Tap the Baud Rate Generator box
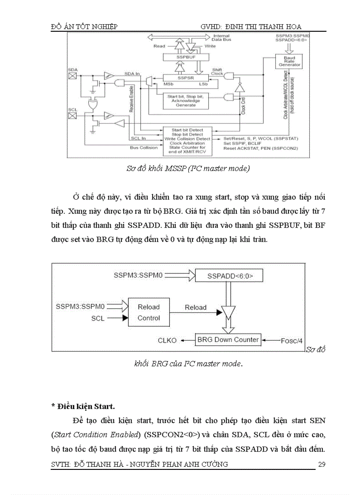(289, 61)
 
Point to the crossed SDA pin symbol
(71, 76)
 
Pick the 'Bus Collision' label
(144, 148)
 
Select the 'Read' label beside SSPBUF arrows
(159, 46)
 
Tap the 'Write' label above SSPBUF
(210, 46)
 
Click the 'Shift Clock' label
(217, 71)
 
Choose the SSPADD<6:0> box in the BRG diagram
(229, 276)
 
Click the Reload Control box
(149, 312)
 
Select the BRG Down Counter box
(228, 339)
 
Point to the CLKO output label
(168, 340)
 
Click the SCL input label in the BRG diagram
(98, 317)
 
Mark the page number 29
(322, 464)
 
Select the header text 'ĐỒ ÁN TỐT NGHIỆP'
(84, 27)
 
